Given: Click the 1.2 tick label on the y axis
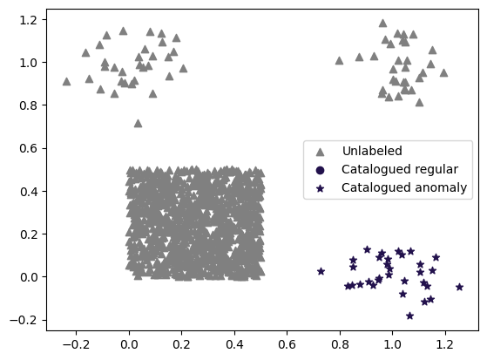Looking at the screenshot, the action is click(28, 20).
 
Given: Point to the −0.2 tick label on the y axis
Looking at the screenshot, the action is click(24, 320).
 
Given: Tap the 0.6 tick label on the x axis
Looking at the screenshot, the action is click(287, 344).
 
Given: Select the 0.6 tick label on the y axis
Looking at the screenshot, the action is click(28, 148).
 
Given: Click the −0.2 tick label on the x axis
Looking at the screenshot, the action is click(77, 344).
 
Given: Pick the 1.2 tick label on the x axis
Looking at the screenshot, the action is click(445, 344).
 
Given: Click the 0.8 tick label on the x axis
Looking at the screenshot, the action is click(340, 344).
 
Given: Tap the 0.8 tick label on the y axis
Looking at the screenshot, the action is click(28, 105).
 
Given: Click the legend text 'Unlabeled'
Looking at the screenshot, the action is click(372, 151).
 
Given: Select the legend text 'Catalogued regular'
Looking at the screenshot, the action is click(400, 169).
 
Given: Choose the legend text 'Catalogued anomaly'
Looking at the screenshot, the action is click(404, 187).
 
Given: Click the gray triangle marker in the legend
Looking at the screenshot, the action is click(320, 152).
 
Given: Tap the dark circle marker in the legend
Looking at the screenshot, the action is click(320, 170).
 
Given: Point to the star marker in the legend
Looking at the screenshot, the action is click(320, 188).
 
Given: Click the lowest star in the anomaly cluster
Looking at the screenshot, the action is click(410, 316).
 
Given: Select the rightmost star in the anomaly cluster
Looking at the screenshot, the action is click(460, 287).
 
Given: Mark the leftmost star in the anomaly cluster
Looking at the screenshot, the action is click(321, 271).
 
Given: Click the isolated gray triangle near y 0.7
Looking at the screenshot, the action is click(138, 124).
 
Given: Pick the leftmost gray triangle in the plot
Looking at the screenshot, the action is click(66, 81).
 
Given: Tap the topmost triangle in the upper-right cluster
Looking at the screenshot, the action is click(382, 23).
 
